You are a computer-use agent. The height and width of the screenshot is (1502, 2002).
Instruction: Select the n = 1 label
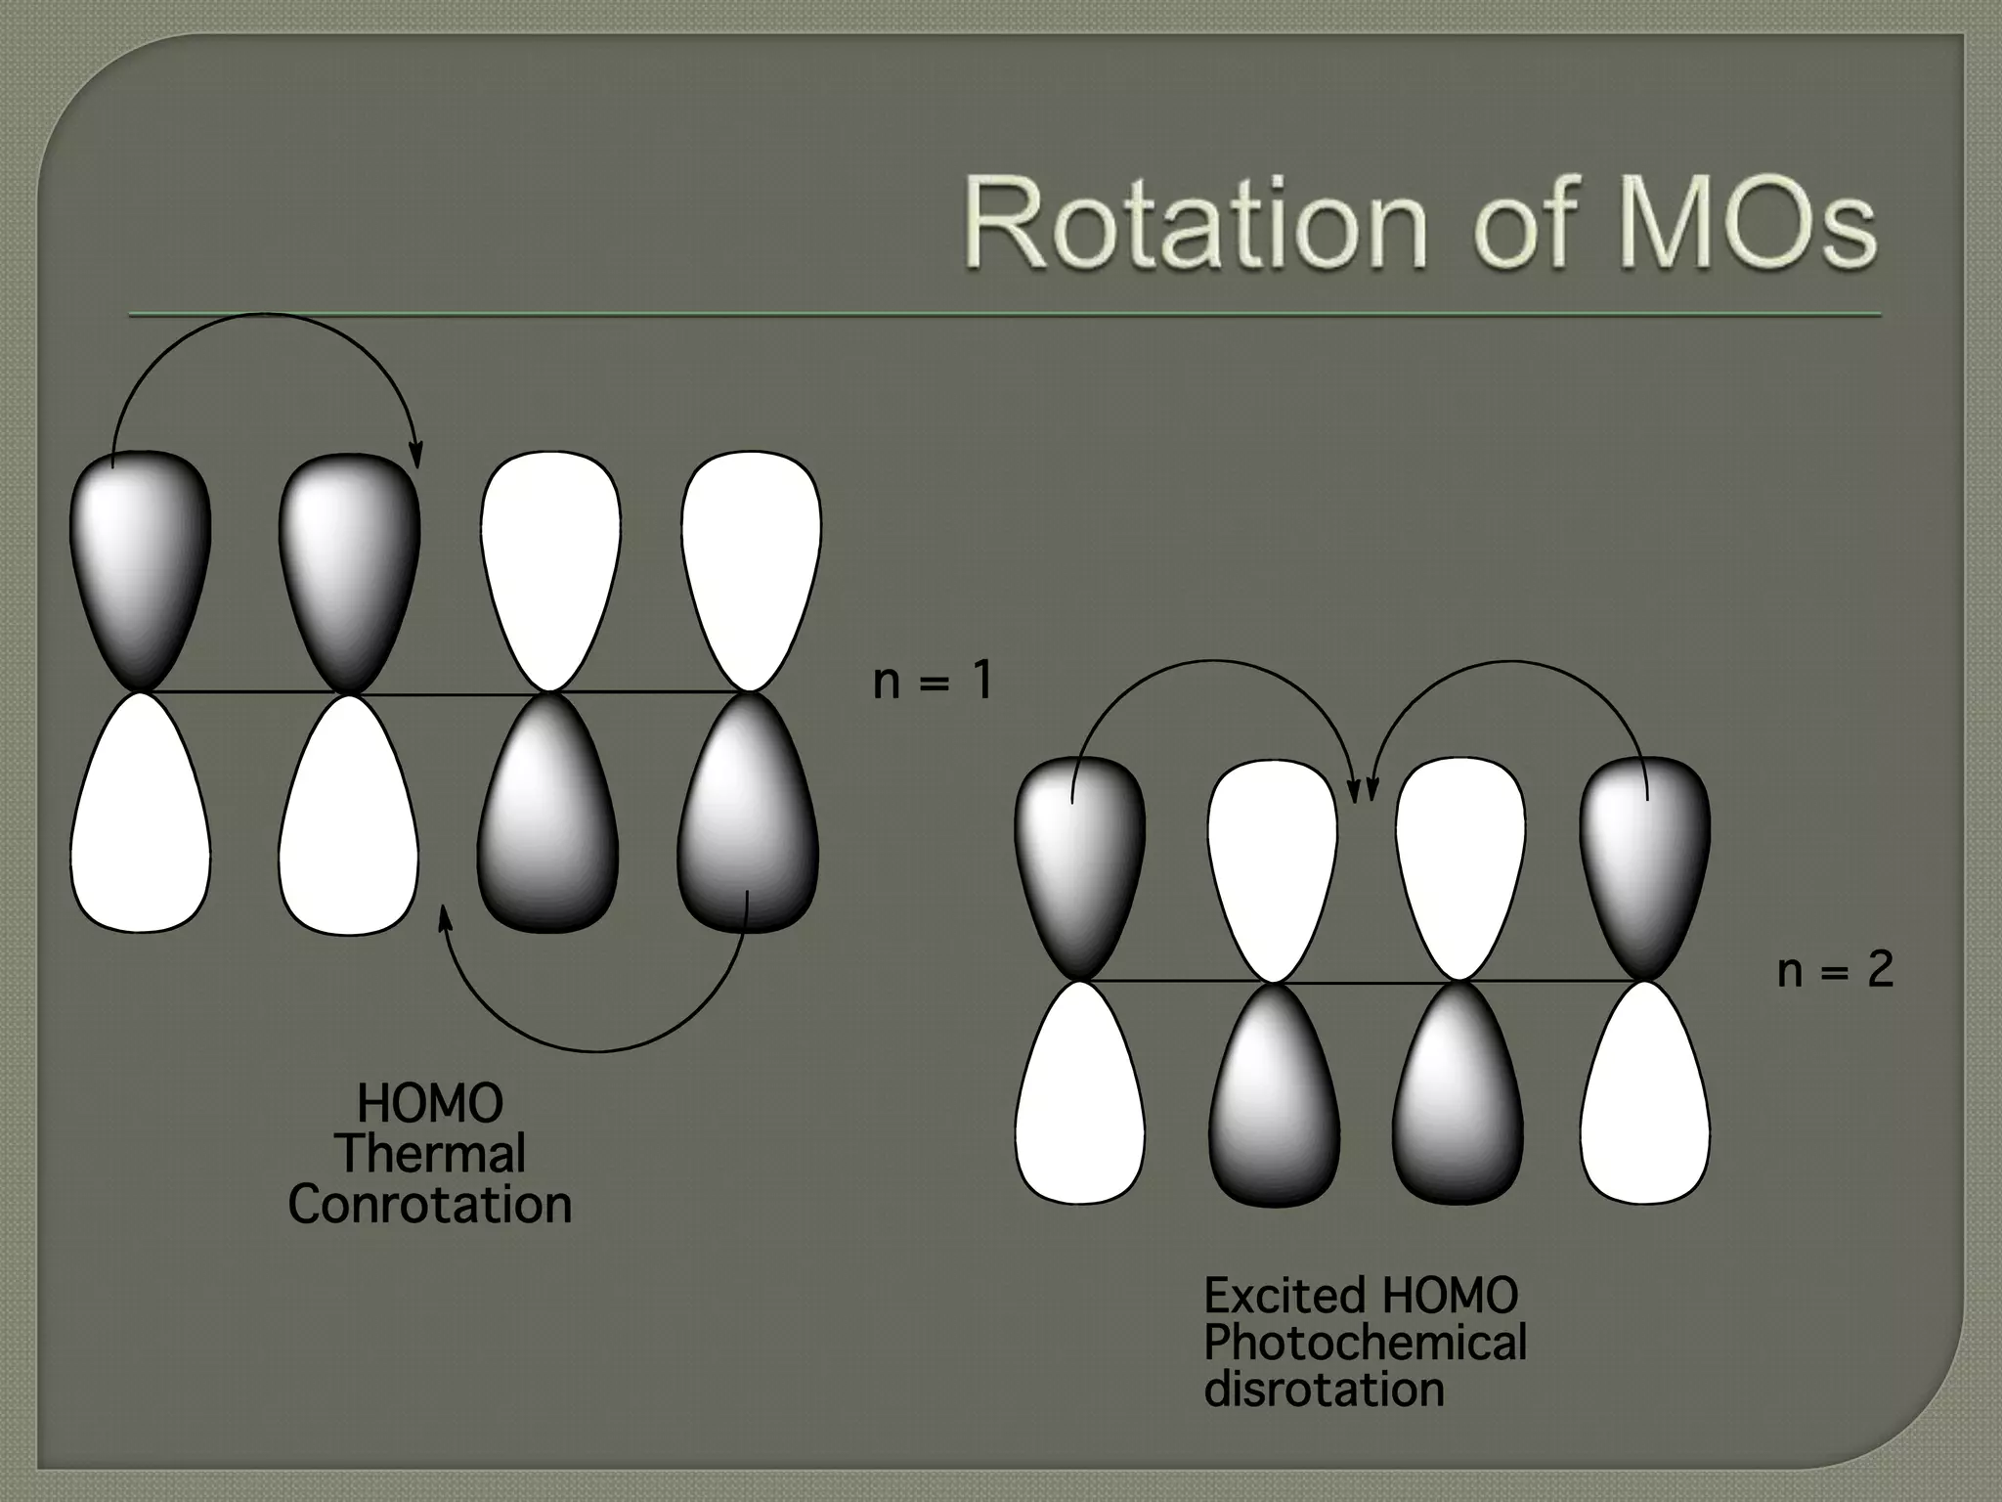click(x=933, y=681)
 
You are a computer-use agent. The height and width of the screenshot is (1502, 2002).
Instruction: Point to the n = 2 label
click(x=1835, y=970)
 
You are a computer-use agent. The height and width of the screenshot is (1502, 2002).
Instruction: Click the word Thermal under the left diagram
click(x=430, y=1154)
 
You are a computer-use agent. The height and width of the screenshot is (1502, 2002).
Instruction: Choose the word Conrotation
click(x=430, y=1205)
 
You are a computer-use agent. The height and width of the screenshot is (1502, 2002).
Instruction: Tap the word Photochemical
click(x=1365, y=1343)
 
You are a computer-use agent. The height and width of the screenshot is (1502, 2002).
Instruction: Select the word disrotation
click(x=1324, y=1390)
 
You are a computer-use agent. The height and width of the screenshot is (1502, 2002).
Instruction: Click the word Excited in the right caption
click(x=1284, y=1296)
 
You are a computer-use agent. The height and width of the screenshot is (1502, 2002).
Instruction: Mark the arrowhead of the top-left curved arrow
click(x=417, y=458)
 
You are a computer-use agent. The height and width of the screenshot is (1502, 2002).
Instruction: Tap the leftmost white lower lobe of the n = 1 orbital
click(x=141, y=821)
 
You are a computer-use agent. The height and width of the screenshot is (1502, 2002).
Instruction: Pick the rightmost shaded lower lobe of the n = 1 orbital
click(x=748, y=821)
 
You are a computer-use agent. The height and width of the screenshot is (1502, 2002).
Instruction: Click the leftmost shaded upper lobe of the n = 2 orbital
click(x=1080, y=861)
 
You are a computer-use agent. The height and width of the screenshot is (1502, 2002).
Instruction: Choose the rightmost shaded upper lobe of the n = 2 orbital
click(x=1645, y=861)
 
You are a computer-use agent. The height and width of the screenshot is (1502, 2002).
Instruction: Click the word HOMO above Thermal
click(x=430, y=1104)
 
